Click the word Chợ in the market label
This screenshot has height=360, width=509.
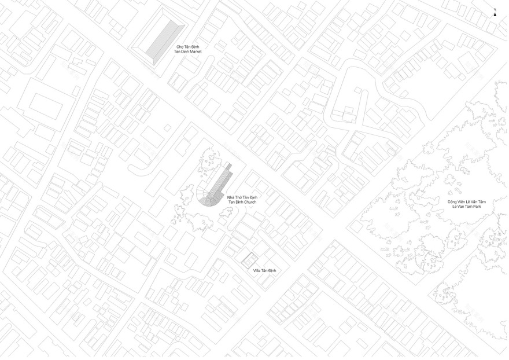pos(179,46)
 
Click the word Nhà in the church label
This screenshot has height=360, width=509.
pos(230,198)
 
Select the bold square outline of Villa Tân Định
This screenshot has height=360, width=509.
pos(249,260)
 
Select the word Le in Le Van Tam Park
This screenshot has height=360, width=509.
pos(455,206)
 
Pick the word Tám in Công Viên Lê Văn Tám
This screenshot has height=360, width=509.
pos(481,201)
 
